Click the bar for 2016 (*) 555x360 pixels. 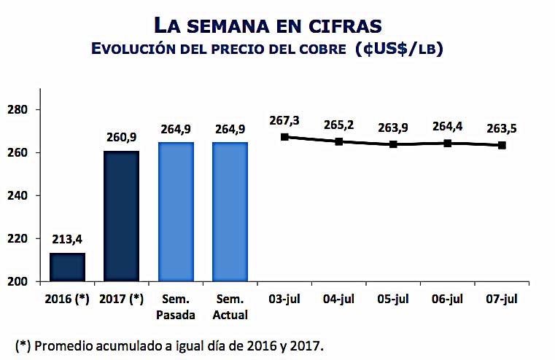click(67, 267)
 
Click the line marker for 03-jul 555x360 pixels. click(284, 136)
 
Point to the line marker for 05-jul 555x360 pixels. click(393, 144)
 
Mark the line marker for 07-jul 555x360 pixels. click(502, 145)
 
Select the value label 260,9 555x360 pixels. click(122, 138)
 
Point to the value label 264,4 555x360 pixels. click(447, 126)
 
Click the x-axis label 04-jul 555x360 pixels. click(339, 300)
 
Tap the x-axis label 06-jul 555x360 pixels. click(447, 300)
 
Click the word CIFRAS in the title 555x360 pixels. click(346, 26)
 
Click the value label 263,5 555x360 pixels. click(502, 129)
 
